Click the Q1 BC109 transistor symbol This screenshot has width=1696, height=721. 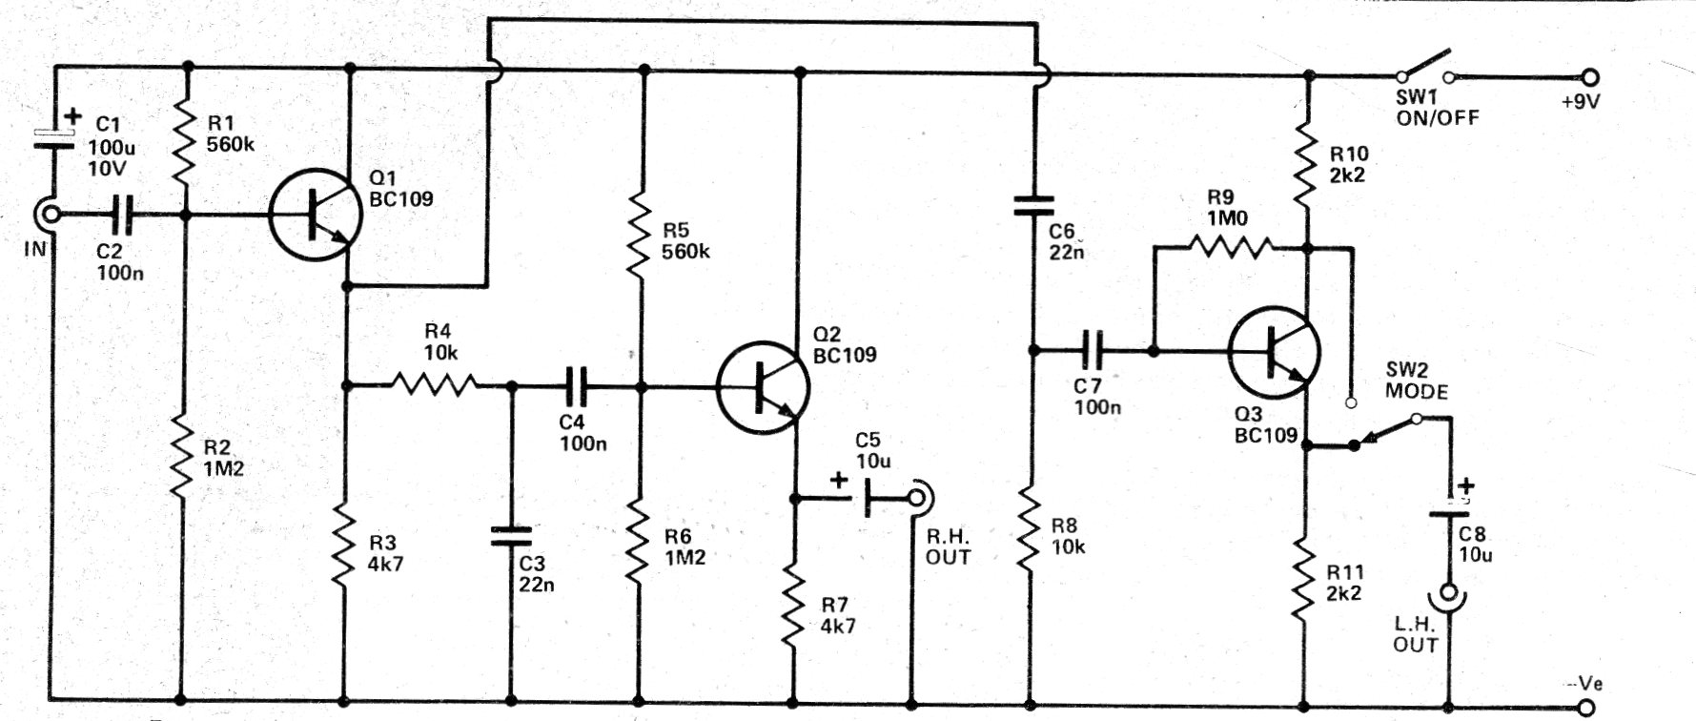click(316, 215)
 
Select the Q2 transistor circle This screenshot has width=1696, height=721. click(764, 387)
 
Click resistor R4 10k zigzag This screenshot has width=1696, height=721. click(434, 385)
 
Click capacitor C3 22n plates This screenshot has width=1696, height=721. click(511, 536)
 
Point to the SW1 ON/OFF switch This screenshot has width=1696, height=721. click(1426, 67)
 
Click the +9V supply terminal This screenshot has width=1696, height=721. click(1589, 78)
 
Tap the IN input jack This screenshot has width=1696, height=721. click(47, 216)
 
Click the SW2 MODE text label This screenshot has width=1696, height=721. click(1417, 381)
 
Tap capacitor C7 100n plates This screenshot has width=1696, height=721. click(1093, 351)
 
